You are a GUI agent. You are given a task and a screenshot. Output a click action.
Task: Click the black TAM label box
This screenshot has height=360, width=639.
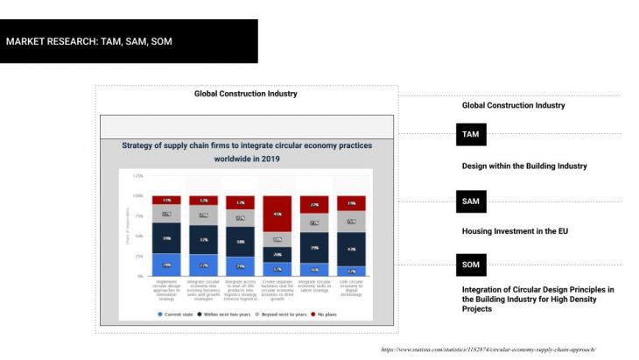point(471,135)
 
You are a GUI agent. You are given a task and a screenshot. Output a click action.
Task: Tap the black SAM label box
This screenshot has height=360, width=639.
point(471,201)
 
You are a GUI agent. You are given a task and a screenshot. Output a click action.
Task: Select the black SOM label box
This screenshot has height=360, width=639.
point(471,264)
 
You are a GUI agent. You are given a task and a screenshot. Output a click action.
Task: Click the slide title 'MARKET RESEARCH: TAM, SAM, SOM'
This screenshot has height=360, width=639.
point(89,40)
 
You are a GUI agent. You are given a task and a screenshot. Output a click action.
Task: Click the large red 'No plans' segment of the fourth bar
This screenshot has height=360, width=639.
point(277,214)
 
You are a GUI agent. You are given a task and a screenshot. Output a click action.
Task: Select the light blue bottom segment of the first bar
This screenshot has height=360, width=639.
point(166,265)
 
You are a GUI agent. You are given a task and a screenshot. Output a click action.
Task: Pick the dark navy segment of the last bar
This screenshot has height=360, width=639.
point(351,251)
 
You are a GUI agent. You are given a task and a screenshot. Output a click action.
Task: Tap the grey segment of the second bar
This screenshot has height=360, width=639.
point(203,215)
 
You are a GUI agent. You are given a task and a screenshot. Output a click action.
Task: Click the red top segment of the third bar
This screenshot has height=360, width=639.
point(240,201)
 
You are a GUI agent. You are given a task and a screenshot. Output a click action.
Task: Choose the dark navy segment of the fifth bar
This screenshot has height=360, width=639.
point(314,248)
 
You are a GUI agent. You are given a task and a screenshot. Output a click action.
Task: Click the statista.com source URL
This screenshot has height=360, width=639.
point(488,349)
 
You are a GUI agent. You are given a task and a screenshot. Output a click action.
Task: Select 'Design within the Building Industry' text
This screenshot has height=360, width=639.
point(523,166)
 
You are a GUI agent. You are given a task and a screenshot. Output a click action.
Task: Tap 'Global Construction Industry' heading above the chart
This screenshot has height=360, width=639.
point(246,94)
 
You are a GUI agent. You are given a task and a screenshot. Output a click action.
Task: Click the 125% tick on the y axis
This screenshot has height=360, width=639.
point(137,176)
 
